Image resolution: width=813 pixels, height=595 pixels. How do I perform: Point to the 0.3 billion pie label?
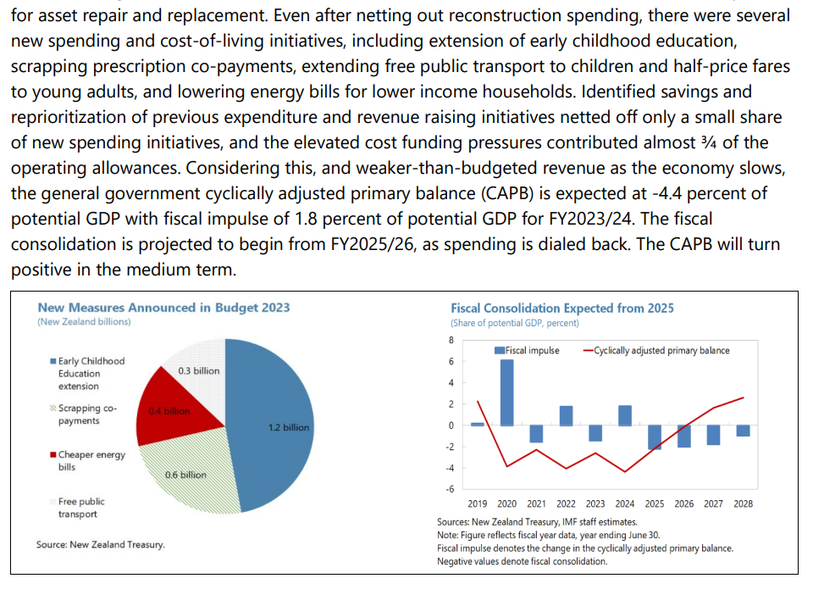pyautogui.click(x=199, y=371)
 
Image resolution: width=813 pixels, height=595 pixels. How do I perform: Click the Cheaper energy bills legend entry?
pyautogui.click(x=91, y=460)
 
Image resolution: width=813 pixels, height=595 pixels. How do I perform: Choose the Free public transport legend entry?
pyautogui.click(x=81, y=508)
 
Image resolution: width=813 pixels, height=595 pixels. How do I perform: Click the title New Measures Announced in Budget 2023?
pyautogui.click(x=163, y=309)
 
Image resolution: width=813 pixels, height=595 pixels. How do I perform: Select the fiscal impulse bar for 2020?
pyautogui.click(x=506, y=393)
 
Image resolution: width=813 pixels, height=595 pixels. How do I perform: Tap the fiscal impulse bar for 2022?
pyautogui.click(x=566, y=415)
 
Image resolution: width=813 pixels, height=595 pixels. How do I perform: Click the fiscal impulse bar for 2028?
pyautogui.click(x=743, y=431)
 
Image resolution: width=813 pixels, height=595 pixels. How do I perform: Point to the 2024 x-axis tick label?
pyautogui.click(x=625, y=503)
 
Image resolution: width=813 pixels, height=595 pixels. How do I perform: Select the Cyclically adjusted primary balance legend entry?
pyautogui.click(x=661, y=350)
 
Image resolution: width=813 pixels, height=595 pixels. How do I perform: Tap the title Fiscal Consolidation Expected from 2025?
pyautogui.click(x=562, y=309)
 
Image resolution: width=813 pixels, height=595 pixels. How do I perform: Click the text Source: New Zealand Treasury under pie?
pyautogui.click(x=101, y=544)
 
